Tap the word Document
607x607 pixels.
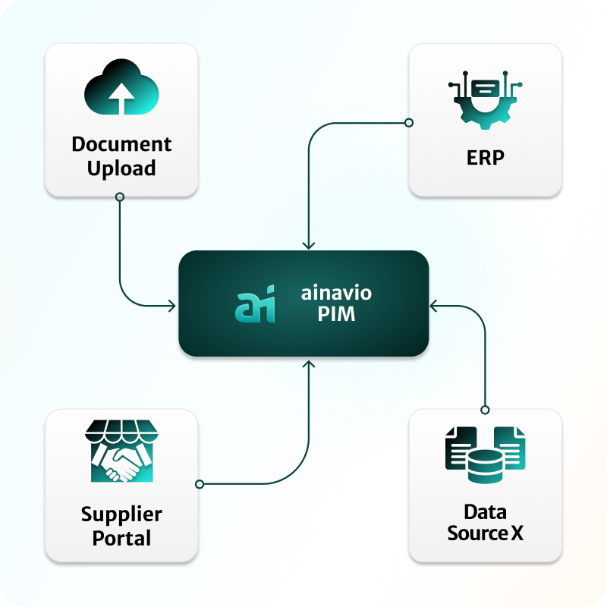121,143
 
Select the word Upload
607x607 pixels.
121,168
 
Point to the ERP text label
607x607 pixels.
486,158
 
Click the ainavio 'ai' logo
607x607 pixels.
253,304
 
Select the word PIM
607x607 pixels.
336,314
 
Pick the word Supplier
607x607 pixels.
121,514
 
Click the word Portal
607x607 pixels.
121,539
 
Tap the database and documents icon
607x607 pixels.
486,454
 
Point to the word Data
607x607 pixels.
486,511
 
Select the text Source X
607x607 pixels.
486,533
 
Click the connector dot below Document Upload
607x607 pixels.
120,197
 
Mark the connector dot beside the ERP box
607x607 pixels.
408,122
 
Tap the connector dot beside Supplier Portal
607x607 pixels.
200,483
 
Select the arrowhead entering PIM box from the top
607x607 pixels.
308,244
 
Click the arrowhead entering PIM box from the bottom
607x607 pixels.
308,363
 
